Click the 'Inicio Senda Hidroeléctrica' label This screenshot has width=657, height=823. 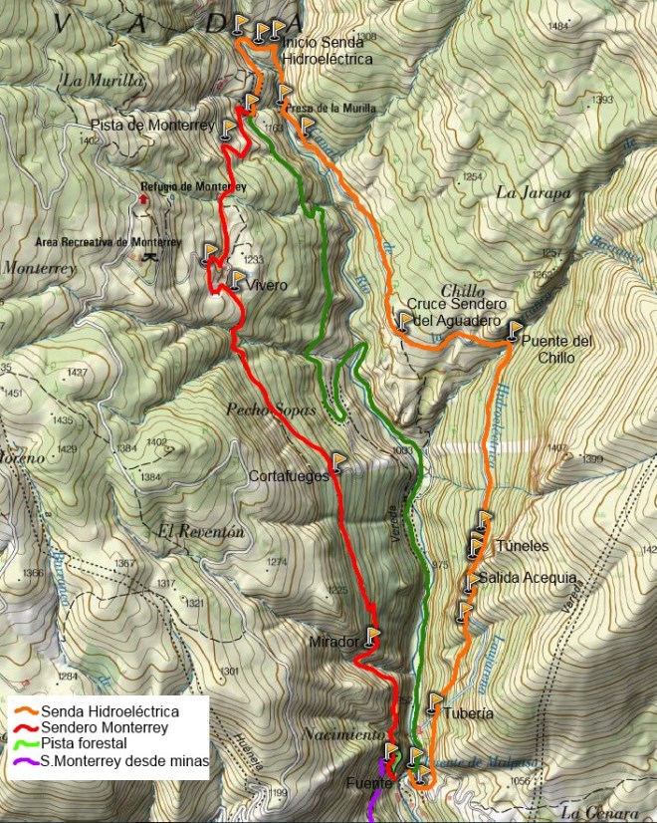[328, 51]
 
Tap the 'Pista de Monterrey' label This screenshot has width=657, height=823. [152, 126]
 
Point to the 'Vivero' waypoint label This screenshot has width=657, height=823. [268, 285]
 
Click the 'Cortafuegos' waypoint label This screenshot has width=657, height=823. [290, 476]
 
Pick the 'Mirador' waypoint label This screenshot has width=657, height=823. [334, 642]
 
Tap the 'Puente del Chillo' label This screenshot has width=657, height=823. [556, 349]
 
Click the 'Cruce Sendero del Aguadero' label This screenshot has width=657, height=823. [458, 312]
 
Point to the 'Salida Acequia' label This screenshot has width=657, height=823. [527, 578]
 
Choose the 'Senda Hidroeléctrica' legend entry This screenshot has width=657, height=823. [109, 711]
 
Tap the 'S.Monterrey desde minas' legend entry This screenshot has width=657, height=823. [124, 760]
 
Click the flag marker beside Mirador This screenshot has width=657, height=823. [372, 635]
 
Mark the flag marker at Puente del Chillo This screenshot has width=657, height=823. [514, 331]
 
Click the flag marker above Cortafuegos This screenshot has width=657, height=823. [339, 461]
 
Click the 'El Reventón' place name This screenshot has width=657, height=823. [200, 532]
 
